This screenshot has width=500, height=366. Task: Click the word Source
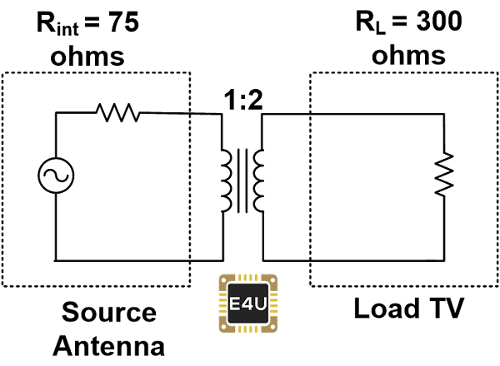[x=109, y=313]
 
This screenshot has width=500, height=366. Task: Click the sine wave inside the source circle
[x=57, y=175]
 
